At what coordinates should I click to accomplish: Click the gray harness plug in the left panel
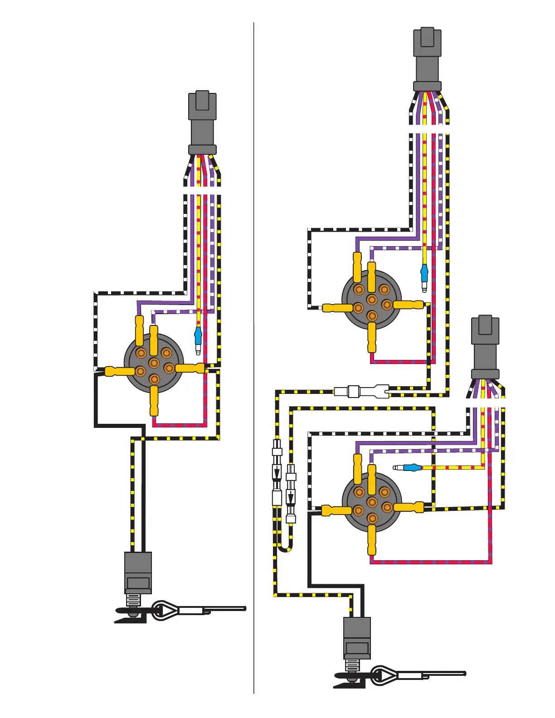(x=202, y=122)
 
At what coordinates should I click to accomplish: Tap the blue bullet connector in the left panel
(x=198, y=336)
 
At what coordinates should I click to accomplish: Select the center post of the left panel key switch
(x=154, y=363)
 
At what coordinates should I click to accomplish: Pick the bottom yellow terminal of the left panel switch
(x=154, y=401)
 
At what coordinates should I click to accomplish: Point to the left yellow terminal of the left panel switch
(x=120, y=372)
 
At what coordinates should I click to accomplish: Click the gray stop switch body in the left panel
(x=138, y=572)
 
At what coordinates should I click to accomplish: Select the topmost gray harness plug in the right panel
(x=427, y=59)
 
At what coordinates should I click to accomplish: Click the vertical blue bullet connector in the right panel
(x=424, y=273)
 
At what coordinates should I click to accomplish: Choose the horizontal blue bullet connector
(x=411, y=468)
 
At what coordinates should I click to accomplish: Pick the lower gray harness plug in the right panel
(x=485, y=347)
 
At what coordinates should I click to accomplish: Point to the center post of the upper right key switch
(x=372, y=300)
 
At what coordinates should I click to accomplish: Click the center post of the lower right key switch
(x=372, y=502)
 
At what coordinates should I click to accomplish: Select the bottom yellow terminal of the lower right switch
(x=372, y=539)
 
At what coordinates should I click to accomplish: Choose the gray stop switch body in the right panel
(x=357, y=637)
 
